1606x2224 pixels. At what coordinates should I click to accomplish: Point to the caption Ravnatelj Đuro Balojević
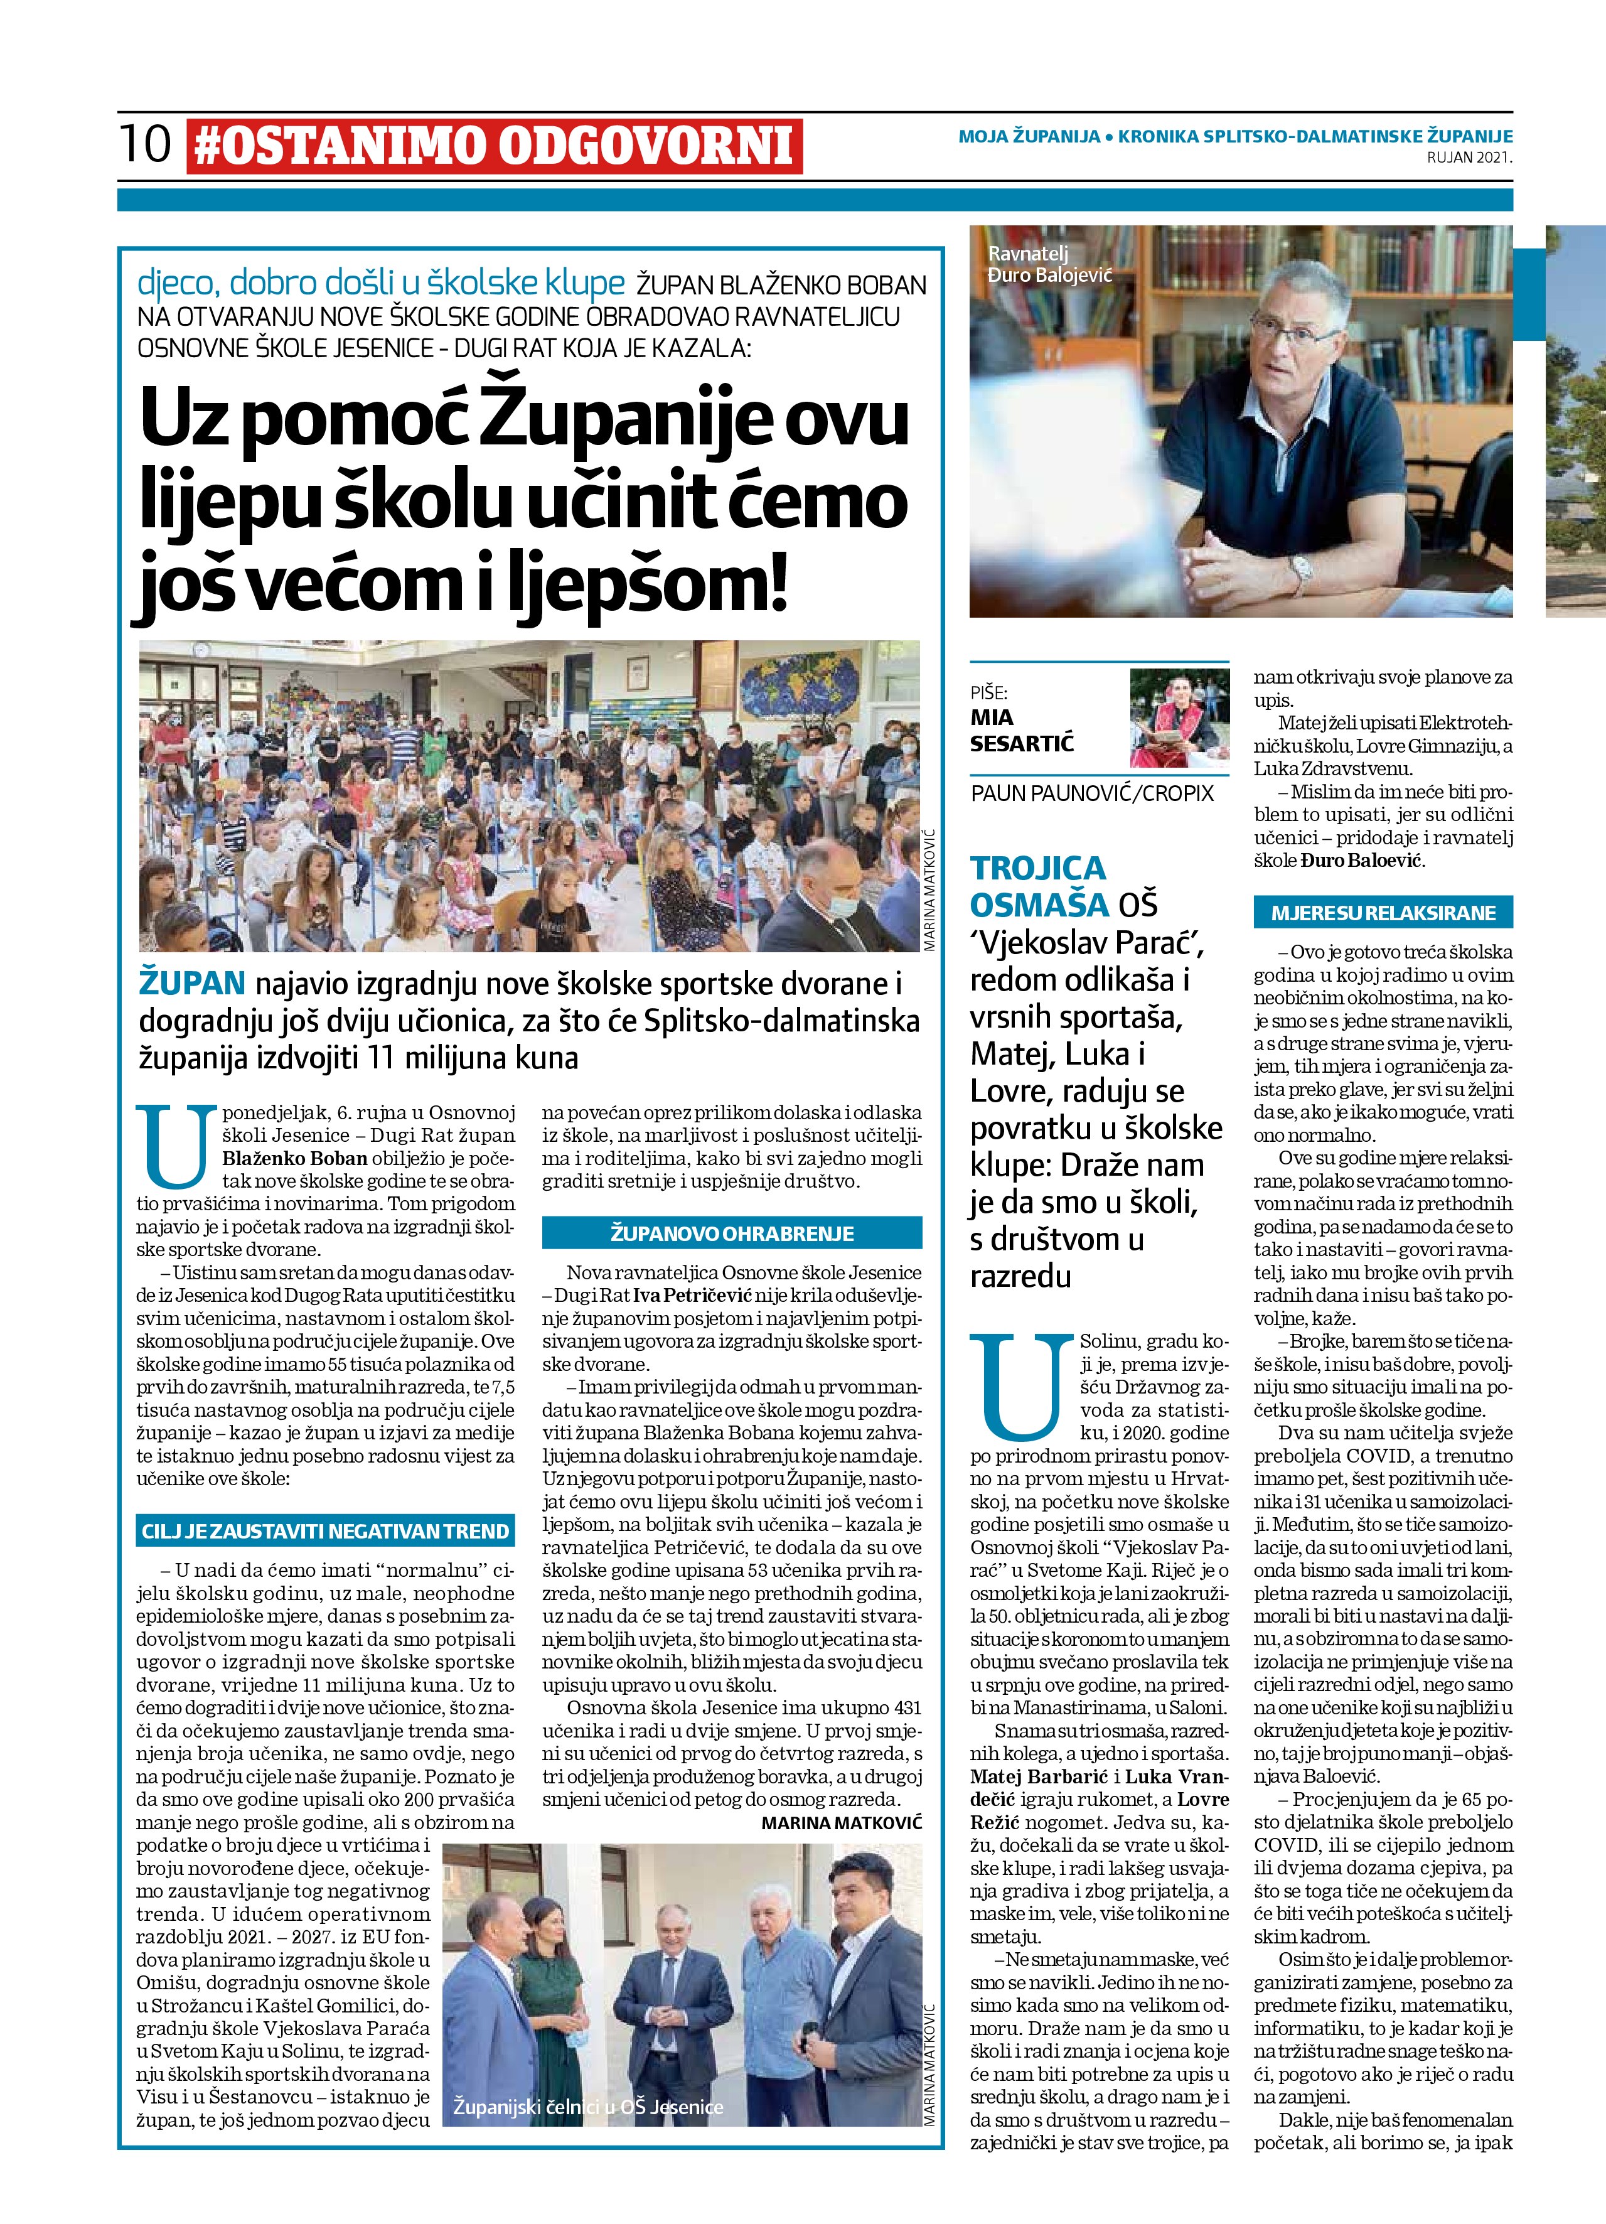point(1050,266)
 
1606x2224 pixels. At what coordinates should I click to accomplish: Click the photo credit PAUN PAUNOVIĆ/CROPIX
point(1091,793)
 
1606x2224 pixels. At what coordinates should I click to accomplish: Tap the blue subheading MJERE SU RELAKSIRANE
point(1383,913)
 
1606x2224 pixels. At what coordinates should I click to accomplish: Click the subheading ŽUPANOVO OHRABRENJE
point(731,1233)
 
